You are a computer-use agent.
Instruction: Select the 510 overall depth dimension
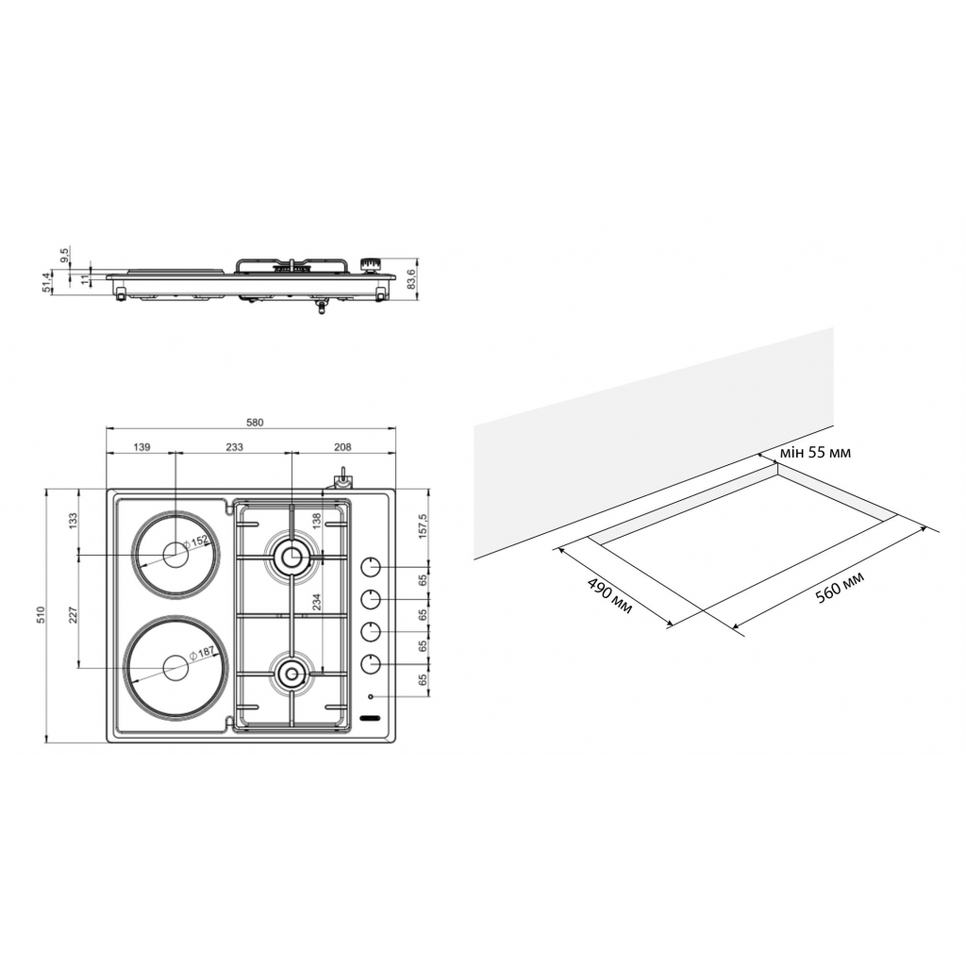42,615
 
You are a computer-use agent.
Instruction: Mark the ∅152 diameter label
196,542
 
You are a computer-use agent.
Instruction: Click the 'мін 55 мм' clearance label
814,453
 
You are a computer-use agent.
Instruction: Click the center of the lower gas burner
291,673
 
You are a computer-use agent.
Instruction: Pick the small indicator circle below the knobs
371,698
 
